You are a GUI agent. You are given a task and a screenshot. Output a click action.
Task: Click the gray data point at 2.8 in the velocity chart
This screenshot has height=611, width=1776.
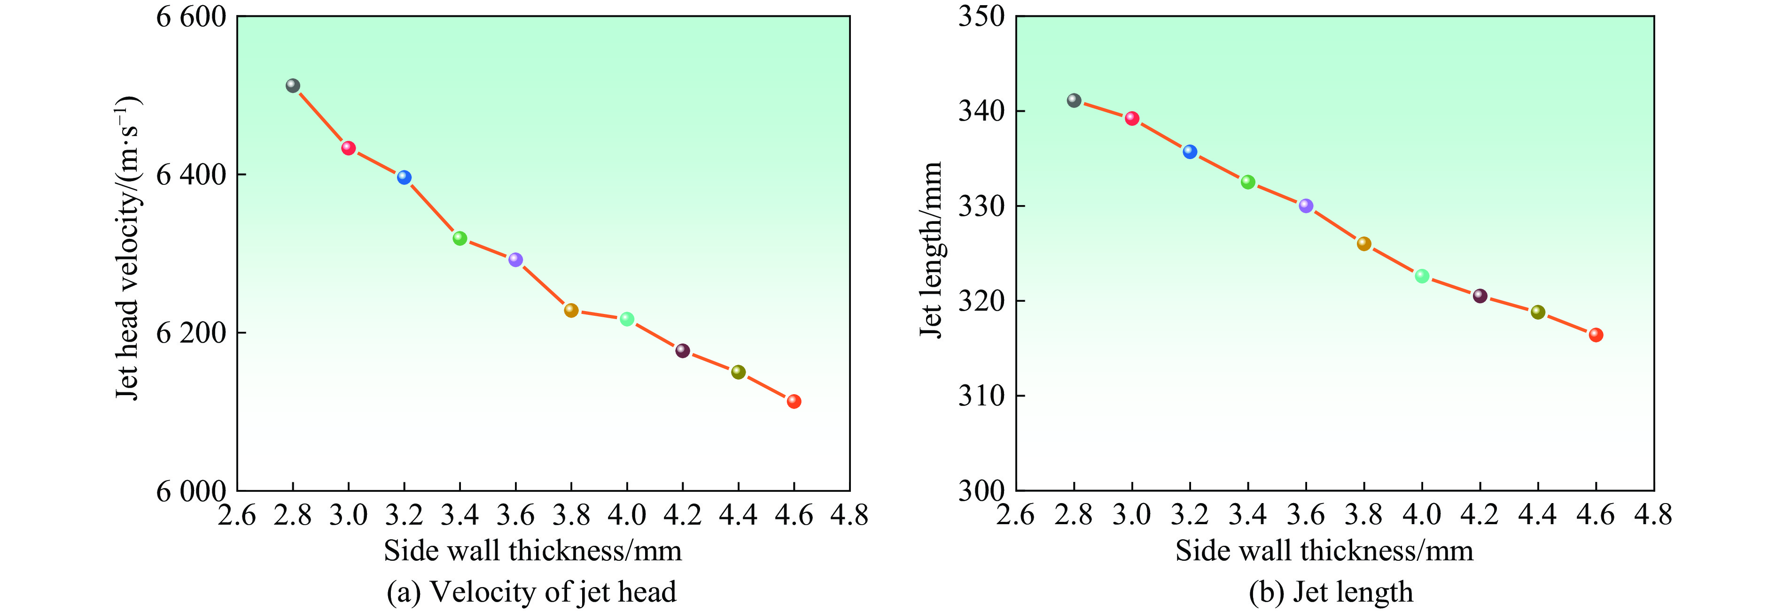coord(292,86)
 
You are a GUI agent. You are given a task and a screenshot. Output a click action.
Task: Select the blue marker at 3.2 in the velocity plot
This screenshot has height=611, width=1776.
coord(404,177)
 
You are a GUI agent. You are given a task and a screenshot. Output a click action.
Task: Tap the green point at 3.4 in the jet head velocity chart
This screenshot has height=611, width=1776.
coord(460,238)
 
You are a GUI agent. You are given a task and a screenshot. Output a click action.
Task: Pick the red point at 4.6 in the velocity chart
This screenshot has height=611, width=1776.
coord(794,401)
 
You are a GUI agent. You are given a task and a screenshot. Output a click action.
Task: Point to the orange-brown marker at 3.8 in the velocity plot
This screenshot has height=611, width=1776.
coord(571,310)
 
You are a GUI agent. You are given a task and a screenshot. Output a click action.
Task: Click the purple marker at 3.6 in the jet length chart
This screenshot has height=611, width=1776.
coord(1306,206)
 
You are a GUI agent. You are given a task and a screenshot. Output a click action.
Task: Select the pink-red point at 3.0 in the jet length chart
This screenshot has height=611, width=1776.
coord(1132,118)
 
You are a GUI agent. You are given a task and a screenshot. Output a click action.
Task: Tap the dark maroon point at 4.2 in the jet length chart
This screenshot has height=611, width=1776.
coord(1480,296)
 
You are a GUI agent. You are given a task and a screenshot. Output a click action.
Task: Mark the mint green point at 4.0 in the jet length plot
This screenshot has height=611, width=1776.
coord(1422,276)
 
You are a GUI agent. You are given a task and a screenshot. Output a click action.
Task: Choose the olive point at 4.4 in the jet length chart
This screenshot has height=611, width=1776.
coord(1537,312)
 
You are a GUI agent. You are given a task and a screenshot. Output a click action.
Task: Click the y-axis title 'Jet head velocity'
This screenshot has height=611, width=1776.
coord(127,248)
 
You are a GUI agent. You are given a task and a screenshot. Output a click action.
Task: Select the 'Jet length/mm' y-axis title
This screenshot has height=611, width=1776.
coord(931,249)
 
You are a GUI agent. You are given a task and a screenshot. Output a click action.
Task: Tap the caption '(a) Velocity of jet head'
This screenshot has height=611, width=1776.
coord(531,592)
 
